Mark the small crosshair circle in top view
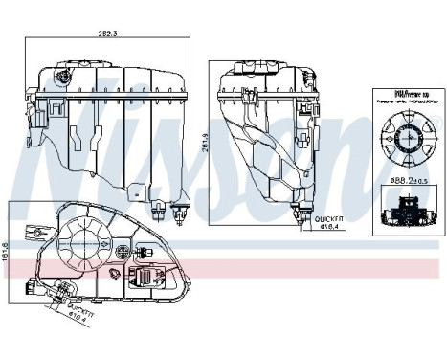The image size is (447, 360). pyautogui.click(x=123, y=254)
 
